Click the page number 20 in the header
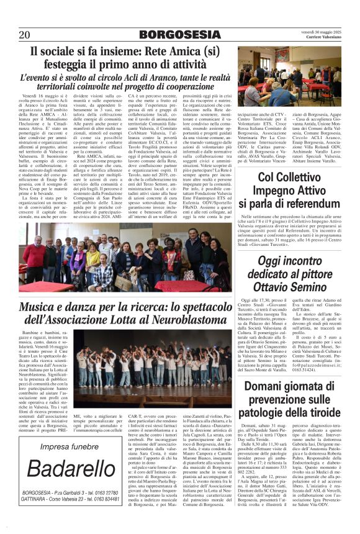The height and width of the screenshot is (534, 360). (25, 35)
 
